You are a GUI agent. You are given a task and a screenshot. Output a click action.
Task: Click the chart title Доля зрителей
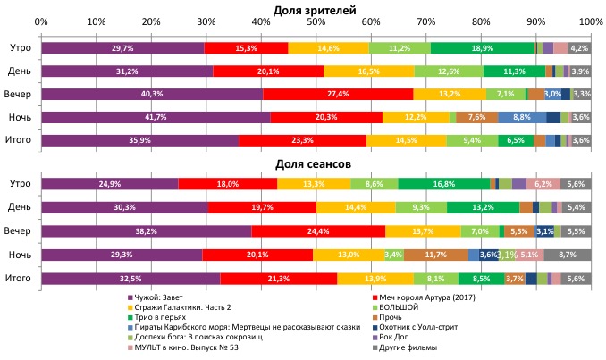(x=315, y=8)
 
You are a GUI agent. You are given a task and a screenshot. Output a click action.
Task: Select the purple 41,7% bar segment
(x=156, y=117)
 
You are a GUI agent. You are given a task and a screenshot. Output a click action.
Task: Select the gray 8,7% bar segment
(x=567, y=255)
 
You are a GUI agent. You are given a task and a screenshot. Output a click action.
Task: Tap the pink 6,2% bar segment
(x=543, y=183)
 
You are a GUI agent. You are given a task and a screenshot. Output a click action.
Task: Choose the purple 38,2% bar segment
(x=146, y=230)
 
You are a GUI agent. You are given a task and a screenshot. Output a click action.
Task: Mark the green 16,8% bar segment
(x=443, y=183)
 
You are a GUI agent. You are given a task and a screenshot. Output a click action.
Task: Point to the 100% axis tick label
(x=590, y=20)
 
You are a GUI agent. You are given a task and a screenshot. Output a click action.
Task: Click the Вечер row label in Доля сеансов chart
(x=19, y=230)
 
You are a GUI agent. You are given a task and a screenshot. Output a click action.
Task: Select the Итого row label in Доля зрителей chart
(x=19, y=139)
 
